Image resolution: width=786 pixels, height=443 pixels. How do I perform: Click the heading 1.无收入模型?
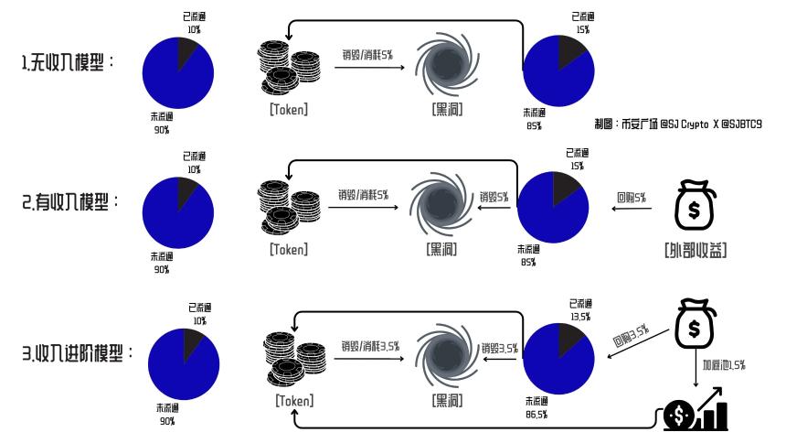pyautogui.click(x=67, y=62)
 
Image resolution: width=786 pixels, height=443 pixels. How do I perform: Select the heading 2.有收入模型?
pyautogui.click(x=69, y=202)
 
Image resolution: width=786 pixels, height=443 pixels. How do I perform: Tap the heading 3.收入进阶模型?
pyautogui.click(x=77, y=353)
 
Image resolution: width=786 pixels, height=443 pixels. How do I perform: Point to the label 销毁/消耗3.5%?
pyautogui.click(x=370, y=346)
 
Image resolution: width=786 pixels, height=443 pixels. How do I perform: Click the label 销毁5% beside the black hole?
pyautogui.click(x=494, y=197)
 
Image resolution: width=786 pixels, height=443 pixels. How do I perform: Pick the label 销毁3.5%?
pyautogui.click(x=499, y=348)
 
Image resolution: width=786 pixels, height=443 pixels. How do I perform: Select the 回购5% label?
pyautogui.click(x=632, y=198)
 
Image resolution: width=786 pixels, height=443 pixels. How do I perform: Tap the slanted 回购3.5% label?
pyautogui.click(x=632, y=336)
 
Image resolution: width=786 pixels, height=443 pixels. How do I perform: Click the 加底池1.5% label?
pyautogui.click(x=724, y=364)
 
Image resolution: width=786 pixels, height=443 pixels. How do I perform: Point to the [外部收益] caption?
pyautogui.click(x=696, y=250)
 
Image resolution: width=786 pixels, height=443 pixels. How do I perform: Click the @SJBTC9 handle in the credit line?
pyautogui.click(x=741, y=124)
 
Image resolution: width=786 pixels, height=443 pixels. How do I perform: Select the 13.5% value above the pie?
pyautogui.click(x=580, y=317)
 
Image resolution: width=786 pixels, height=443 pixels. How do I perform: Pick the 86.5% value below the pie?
pyautogui.click(x=536, y=415)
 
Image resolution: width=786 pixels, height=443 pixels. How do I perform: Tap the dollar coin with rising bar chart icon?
pyautogui.click(x=696, y=409)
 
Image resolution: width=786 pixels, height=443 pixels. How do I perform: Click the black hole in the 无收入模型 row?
pyautogui.click(x=447, y=64)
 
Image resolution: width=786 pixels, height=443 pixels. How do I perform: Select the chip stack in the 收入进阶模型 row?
pyautogui.click(x=294, y=359)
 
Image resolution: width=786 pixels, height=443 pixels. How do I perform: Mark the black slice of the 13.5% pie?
pyautogui.click(x=569, y=338)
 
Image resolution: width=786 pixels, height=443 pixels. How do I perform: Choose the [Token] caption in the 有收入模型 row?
pyautogui.click(x=289, y=249)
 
